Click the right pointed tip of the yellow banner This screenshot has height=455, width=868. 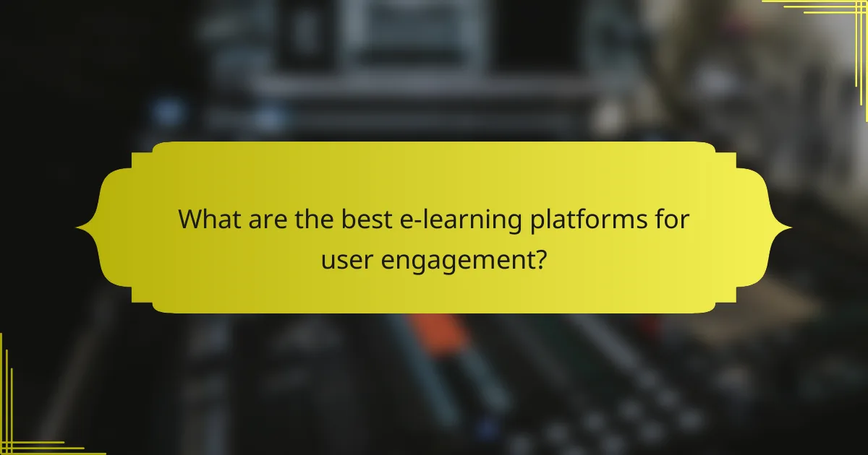click(x=790, y=228)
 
